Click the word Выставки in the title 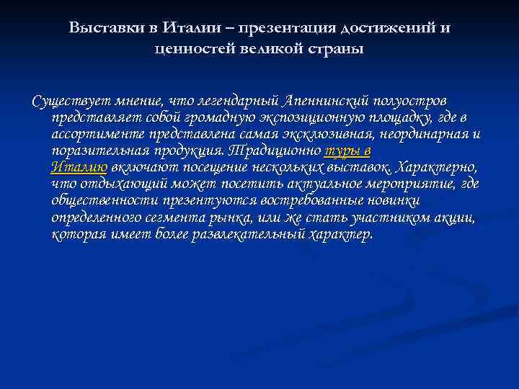(x=99, y=27)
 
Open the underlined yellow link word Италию (x=79, y=168)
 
